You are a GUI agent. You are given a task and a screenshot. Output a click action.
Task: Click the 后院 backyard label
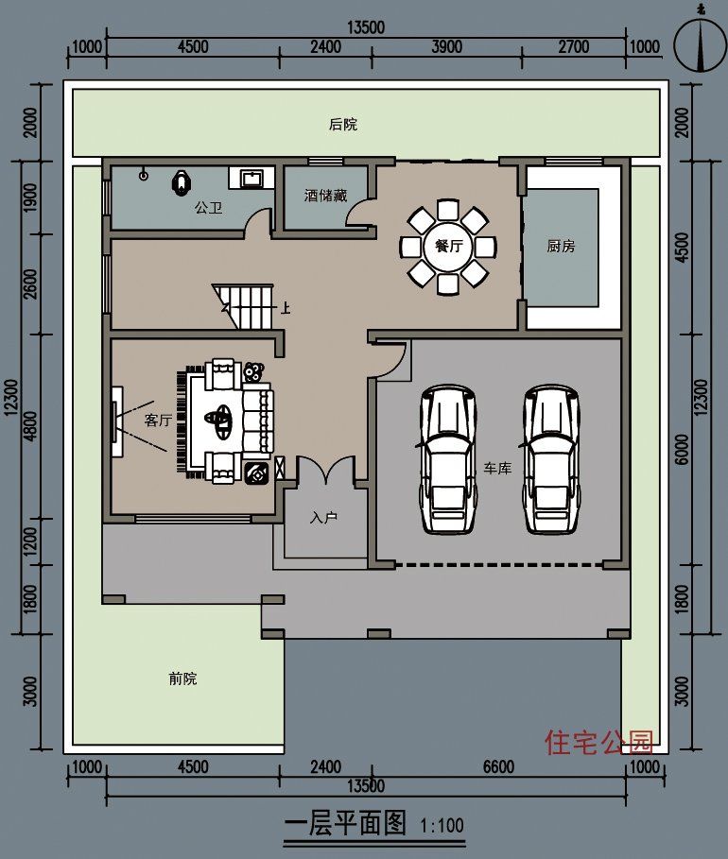point(343,124)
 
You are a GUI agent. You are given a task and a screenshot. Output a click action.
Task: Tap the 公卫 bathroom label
point(208,207)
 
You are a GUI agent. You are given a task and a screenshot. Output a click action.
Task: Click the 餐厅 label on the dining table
point(448,247)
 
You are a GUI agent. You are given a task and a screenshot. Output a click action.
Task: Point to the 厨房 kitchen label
point(561,247)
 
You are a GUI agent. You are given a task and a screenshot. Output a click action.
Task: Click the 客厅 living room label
point(157,420)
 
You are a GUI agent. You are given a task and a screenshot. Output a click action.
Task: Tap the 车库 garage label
point(497,468)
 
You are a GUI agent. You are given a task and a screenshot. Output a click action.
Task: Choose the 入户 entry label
point(324,518)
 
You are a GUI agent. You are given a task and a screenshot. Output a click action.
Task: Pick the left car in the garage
point(448,457)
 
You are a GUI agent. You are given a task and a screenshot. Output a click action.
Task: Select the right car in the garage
point(552,457)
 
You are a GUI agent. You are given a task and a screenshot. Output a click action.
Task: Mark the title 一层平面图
point(345,824)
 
